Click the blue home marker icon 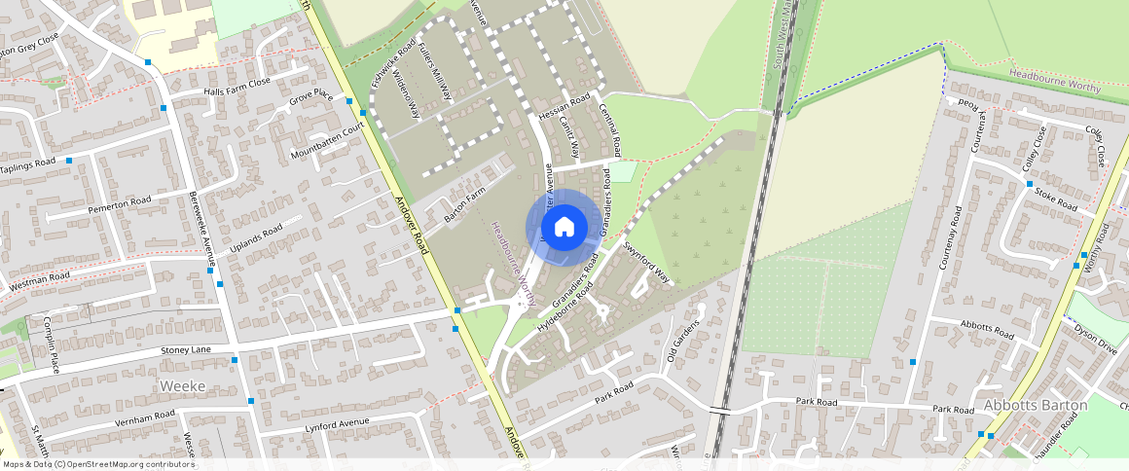click(x=564, y=227)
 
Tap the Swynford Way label click(x=647, y=262)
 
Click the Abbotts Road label click(x=987, y=329)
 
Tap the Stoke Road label click(x=1055, y=199)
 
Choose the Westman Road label click(x=40, y=282)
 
